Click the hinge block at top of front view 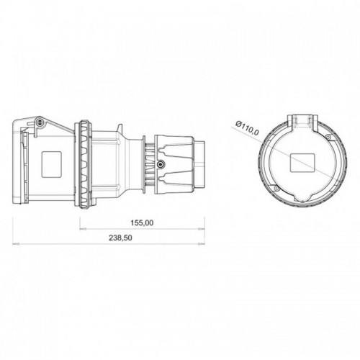coord(304,120)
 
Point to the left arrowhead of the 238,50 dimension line coord(16,243)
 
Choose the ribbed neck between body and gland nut coord(148,161)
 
